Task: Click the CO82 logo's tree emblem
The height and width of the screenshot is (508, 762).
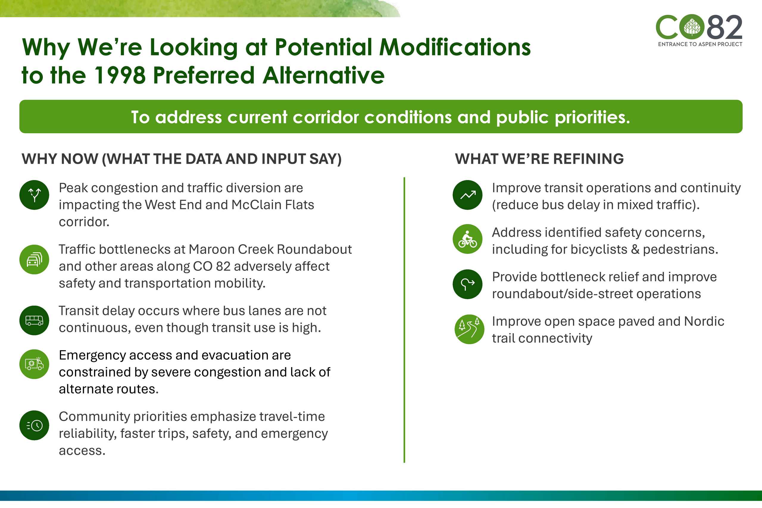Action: tap(692, 27)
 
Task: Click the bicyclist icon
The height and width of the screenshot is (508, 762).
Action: tap(468, 239)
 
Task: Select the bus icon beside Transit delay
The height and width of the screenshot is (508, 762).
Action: tap(34, 321)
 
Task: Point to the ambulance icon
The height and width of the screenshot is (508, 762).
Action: tap(34, 364)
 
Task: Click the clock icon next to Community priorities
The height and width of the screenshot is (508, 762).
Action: tap(34, 425)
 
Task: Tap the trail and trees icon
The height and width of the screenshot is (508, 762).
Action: tap(469, 329)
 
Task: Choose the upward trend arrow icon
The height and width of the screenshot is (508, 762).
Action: tap(468, 195)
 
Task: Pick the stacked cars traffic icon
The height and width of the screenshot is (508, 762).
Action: tap(34, 260)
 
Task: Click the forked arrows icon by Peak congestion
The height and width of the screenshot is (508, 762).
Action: tap(34, 195)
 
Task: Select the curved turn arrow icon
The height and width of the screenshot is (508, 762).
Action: tap(468, 284)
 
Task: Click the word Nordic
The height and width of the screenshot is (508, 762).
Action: tap(704, 321)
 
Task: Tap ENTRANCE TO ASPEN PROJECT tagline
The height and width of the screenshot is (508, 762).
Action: tap(700, 44)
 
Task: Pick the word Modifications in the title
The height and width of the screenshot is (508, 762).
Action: tap(455, 47)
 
